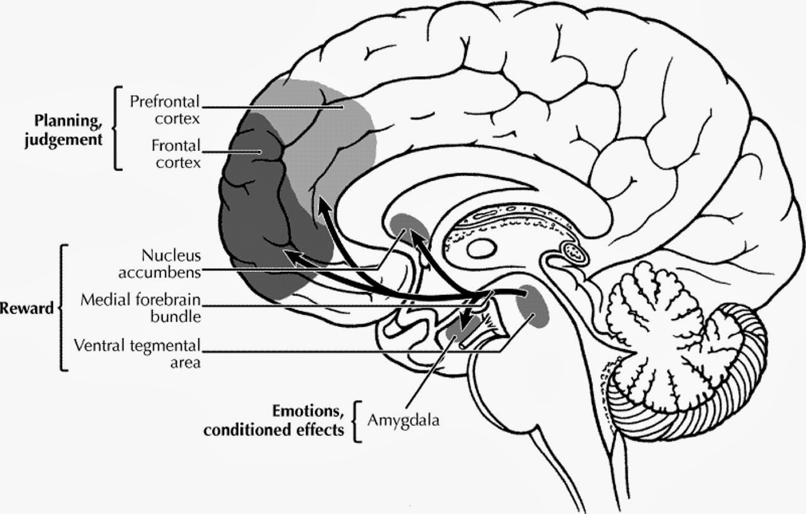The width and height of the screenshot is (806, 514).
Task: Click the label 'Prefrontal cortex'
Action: (x=164, y=109)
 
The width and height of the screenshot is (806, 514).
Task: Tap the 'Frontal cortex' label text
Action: (x=176, y=154)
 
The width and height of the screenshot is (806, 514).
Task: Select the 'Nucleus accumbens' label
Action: (x=171, y=264)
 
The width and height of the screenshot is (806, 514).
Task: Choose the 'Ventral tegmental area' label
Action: (x=137, y=353)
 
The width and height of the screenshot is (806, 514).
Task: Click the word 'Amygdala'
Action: (x=403, y=420)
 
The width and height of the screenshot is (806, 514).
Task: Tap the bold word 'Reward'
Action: (x=26, y=309)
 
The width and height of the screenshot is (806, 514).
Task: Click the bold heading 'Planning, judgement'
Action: (x=62, y=129)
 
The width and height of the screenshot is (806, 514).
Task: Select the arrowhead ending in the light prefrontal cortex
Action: (x=322, y=203)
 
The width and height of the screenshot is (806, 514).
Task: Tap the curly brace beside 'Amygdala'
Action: (x=358, y=420)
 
